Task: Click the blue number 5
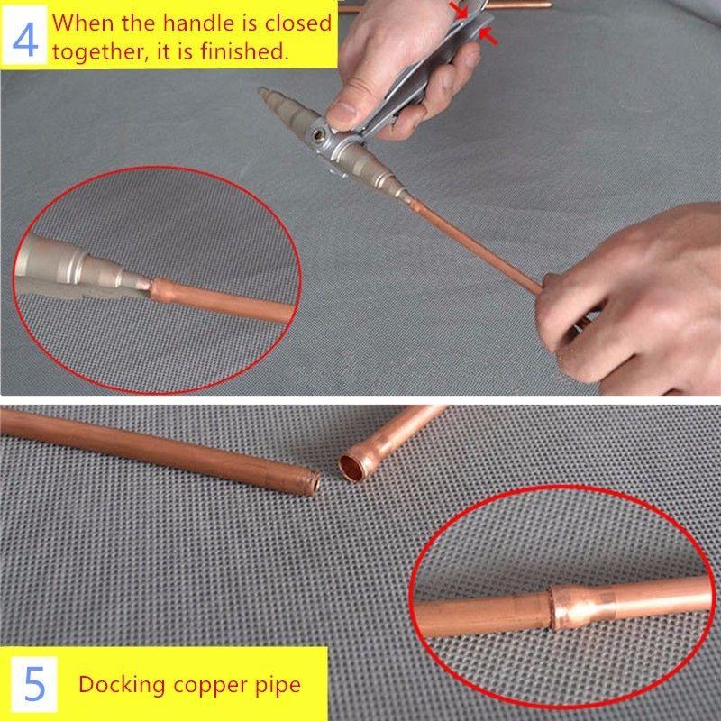coord(34,684)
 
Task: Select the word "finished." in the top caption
coord(244,51)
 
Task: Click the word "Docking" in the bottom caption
coord(122,685)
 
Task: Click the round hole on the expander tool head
coord(317,134)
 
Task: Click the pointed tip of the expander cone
coord(261,91)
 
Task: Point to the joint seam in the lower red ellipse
coord(552,608)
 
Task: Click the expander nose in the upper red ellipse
coord(134,281)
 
